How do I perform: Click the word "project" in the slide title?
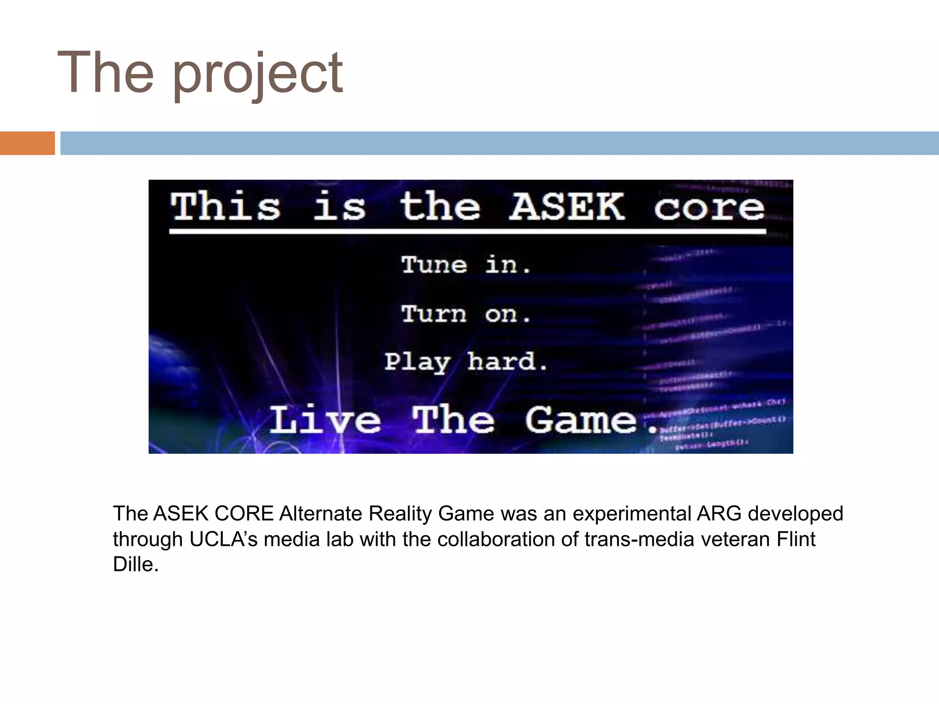pos(258,74)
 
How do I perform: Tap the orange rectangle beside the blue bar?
pos(27,143)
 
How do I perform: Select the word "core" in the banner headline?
pos(709,207)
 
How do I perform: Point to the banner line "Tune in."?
pos(466,265)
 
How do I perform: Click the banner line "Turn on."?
pos(466,314)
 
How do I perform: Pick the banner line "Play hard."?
pos(466,362)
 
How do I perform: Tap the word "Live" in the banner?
pos(325,420)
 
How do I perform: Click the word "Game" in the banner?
pos(581,420)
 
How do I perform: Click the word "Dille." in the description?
pos(136,564)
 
